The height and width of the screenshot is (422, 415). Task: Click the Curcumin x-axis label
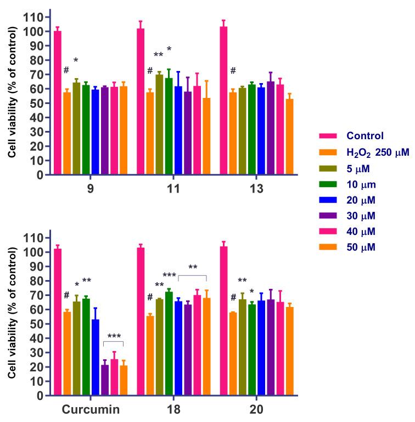pos(91,410)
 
